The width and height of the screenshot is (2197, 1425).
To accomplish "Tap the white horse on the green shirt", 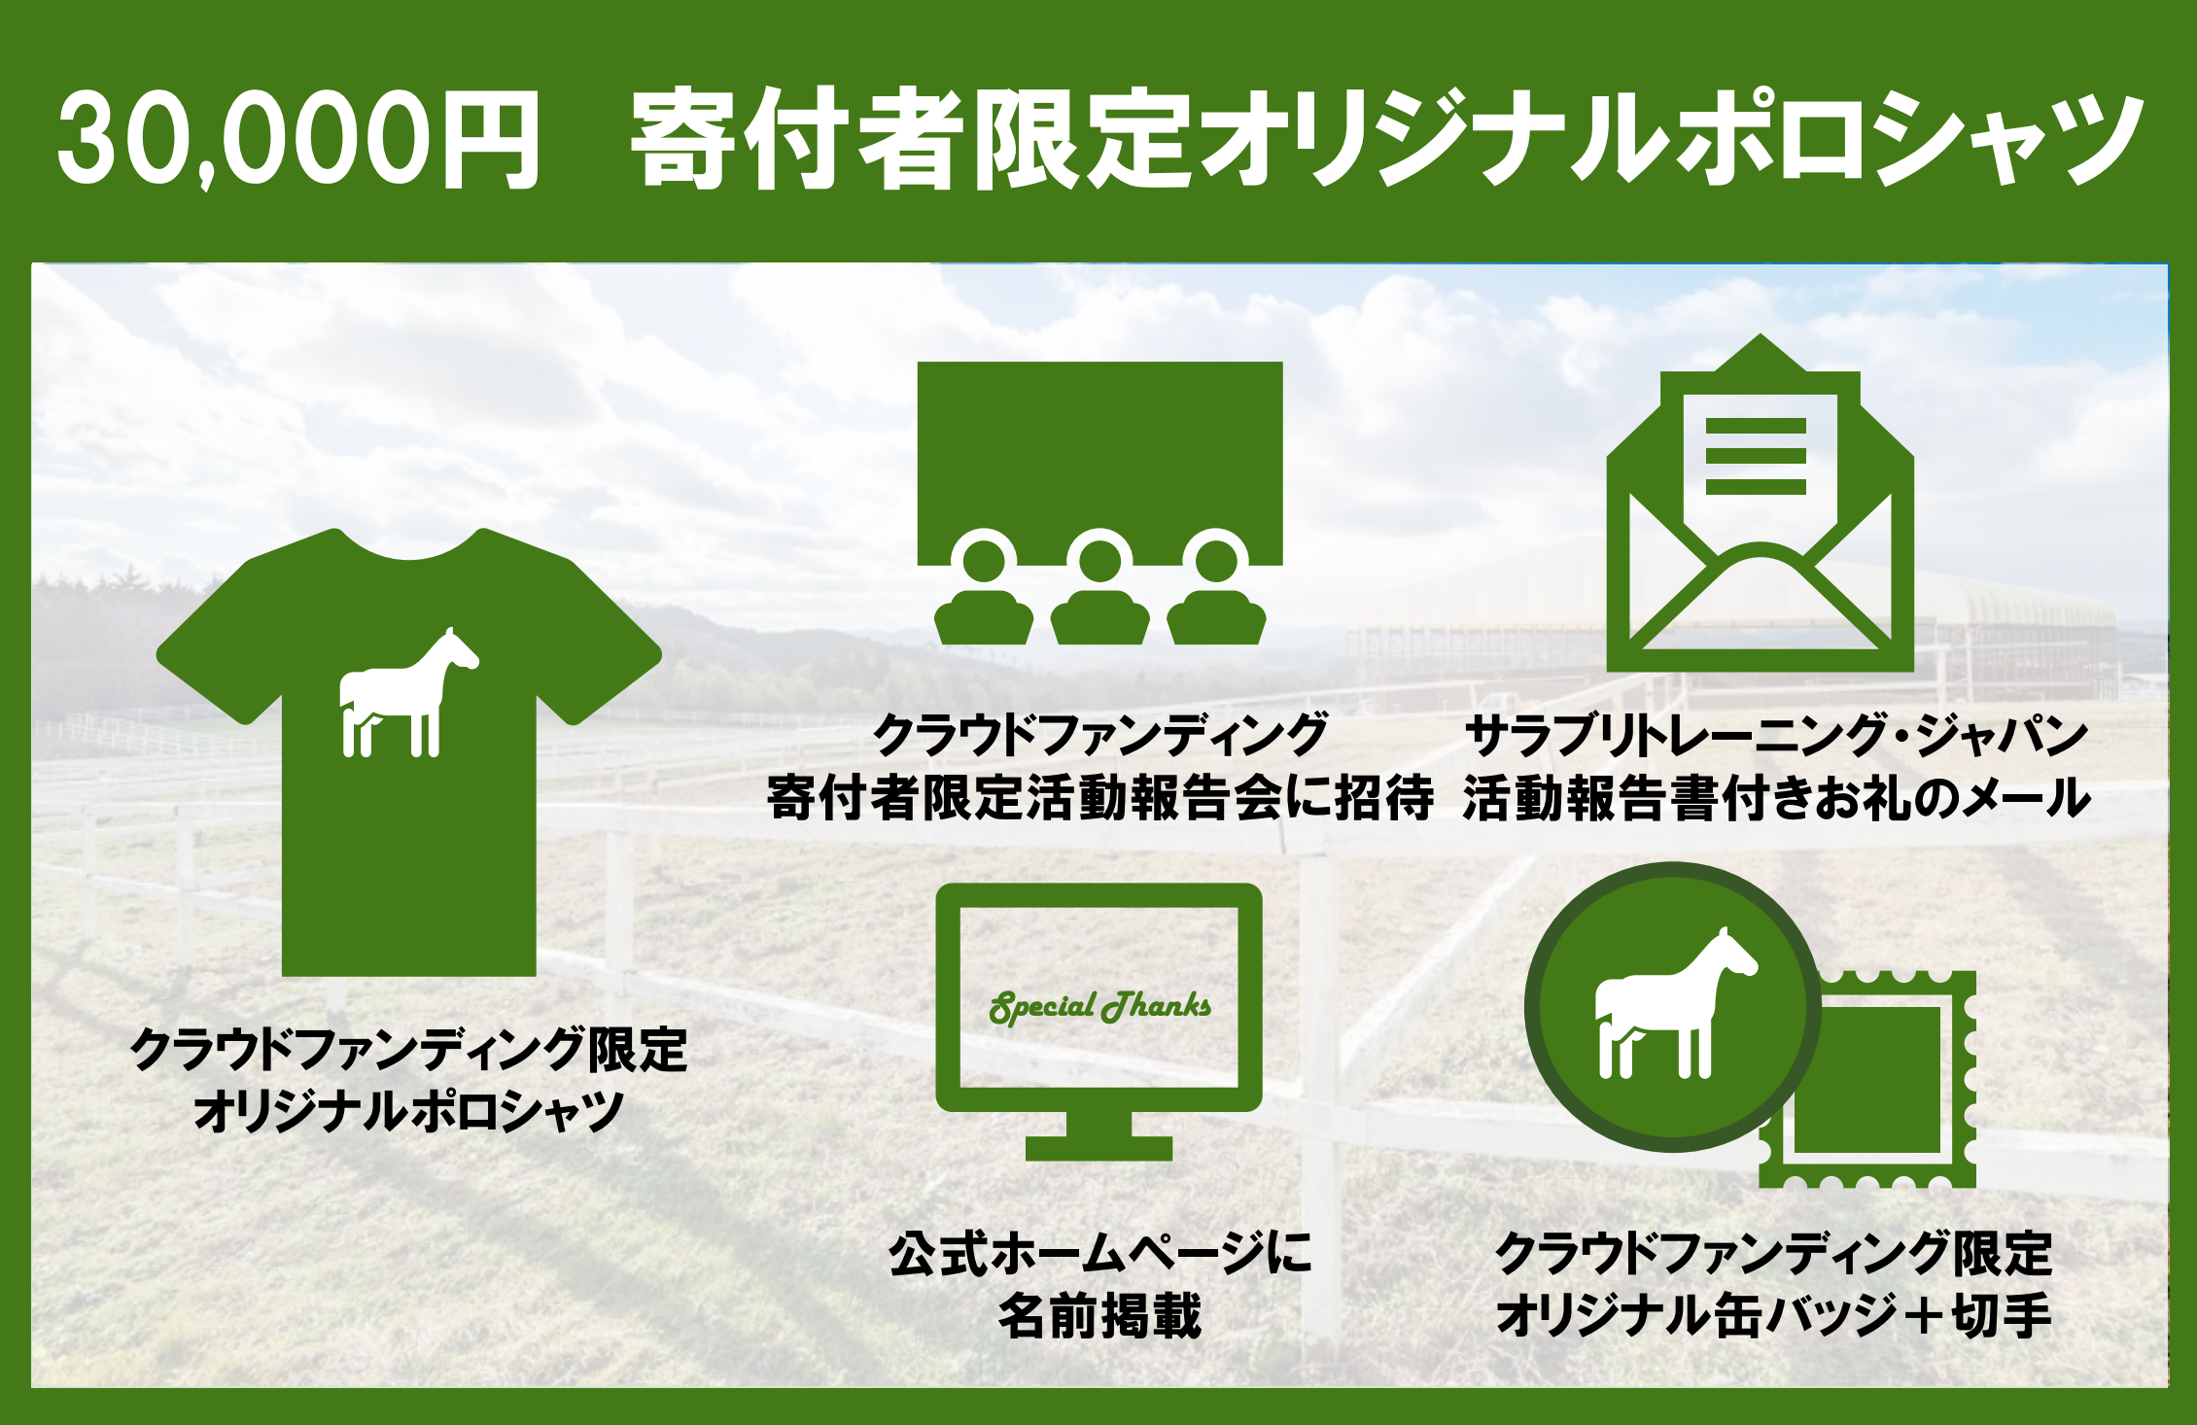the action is click(x=408, y=692).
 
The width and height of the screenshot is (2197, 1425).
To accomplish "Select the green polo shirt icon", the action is click(x=408, y=752).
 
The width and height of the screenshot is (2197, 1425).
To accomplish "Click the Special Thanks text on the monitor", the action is click(x=1099, y=1006).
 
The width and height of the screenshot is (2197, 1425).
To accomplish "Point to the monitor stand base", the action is click(x=1099, y=1148).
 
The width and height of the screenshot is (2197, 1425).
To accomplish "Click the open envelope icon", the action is click(x=1760, y=504).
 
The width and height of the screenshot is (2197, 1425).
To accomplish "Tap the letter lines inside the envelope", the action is click(x=1756, y=456).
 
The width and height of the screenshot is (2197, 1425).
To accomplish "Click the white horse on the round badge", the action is click(x=1675, y=1003).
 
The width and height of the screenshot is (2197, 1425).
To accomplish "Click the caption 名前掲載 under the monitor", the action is click(x=1099, y=1315).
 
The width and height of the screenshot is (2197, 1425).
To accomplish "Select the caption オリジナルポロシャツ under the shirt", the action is click(x=408, y=1110).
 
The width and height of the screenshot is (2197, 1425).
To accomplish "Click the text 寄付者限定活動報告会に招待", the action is click(x=1099, y=797).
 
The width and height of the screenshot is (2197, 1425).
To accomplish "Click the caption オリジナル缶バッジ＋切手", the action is click(x=1773, y=1315).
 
